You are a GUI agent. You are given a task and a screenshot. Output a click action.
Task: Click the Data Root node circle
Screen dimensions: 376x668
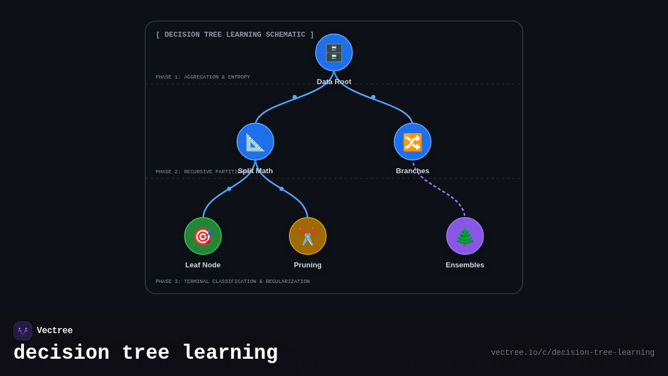334,52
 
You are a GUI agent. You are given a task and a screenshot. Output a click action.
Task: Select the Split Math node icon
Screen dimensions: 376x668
256,141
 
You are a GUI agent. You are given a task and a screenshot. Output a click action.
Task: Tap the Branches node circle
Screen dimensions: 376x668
412,141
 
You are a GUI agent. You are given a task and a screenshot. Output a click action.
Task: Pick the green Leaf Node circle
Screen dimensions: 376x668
203,236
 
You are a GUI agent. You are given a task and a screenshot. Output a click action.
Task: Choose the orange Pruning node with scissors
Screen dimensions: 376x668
308,236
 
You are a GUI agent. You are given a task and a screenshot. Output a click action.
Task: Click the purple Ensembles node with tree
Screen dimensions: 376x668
465,236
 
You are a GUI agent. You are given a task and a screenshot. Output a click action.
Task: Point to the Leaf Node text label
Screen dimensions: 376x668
203,265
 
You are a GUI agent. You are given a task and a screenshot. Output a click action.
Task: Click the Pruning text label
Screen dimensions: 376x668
308,265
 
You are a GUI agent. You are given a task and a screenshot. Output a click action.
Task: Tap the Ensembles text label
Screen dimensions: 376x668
465,265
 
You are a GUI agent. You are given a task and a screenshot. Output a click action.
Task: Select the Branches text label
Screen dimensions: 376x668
412,171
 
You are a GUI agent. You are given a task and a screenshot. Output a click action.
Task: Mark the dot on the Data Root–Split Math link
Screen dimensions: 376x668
295,97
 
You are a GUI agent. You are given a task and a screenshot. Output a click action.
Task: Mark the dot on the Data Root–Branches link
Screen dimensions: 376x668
374,97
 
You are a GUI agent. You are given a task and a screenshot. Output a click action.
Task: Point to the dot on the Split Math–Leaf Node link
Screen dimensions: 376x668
229,189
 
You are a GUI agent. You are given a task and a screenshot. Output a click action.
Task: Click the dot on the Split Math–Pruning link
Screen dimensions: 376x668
282,189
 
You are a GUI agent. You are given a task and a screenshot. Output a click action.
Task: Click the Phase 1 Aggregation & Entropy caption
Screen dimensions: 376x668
203,77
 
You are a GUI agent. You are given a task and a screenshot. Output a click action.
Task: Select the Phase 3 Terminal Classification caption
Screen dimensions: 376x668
233,282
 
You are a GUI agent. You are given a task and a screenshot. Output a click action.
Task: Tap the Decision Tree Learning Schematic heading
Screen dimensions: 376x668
235,35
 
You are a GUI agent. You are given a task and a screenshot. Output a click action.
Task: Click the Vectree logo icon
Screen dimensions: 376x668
23,331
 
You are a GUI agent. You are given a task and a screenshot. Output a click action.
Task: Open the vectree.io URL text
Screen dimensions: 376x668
572,353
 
